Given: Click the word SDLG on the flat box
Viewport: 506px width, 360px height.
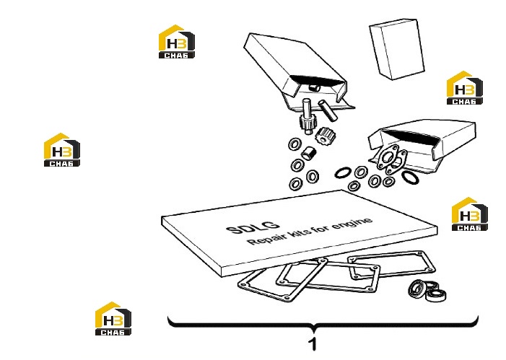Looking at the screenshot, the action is pyautogui.click(x=253, y=227).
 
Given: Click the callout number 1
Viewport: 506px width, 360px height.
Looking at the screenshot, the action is pyautogui.click(x=313, y=344).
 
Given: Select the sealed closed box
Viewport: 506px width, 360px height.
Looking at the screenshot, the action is pyautogui.click(x=396, y=49).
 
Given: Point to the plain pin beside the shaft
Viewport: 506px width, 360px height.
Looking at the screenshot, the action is pyautogui.click(x=327, y=110).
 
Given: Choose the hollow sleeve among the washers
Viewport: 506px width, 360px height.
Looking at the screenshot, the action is pyautogui.click(x=308, y=152).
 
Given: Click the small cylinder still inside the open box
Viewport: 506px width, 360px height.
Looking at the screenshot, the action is pyautogui.click(x=314, y=87).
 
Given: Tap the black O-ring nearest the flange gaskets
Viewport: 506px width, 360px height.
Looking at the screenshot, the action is pyautogui.click(x=411, y=177).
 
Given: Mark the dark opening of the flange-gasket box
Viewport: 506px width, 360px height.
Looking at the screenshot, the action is pyautogui.click(x=411, y=137).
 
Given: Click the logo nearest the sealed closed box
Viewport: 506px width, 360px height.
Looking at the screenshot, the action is pyautogui.click(x=464, y=88).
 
